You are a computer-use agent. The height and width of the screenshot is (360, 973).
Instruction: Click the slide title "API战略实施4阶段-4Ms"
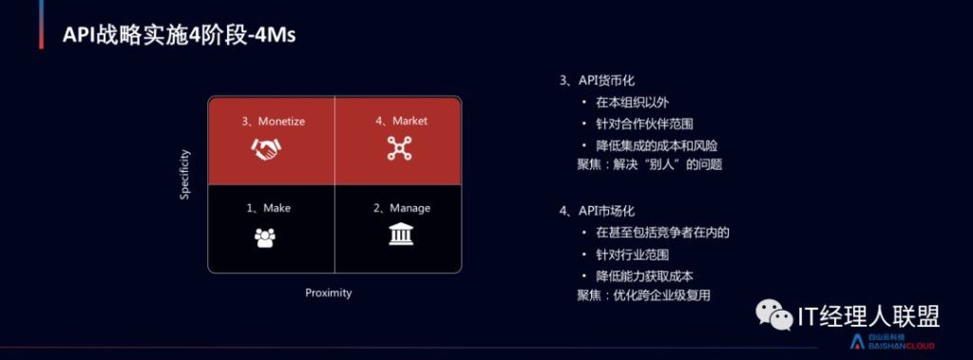180,35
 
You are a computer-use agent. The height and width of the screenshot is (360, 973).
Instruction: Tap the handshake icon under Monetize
266,149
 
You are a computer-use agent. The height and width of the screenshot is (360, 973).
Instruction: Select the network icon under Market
400,149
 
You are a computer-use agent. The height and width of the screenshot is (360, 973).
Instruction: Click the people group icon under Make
265,238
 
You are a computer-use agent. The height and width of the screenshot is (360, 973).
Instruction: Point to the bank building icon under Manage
401,234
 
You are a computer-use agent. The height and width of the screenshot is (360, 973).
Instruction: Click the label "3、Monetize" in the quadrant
274,122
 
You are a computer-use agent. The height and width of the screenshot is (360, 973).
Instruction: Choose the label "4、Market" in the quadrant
401,121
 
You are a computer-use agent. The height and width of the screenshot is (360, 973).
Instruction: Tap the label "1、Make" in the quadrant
268,208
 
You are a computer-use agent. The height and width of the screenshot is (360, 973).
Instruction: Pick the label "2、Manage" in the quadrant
402,208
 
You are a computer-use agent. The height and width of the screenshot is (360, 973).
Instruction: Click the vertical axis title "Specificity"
185,175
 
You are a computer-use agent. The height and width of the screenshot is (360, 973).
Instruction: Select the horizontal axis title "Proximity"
328,293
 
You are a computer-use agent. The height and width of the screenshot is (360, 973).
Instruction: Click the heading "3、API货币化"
597,80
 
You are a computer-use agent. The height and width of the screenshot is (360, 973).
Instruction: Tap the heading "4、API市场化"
597,211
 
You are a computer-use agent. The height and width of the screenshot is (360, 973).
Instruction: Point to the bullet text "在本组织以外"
632,103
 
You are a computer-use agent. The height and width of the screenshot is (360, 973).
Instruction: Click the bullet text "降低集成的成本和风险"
658,146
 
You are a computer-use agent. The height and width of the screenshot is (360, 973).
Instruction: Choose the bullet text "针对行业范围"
632,255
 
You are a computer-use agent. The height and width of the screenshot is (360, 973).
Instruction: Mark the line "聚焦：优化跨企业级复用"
643,295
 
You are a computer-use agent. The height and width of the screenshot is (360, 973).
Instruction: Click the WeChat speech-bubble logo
773,315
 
